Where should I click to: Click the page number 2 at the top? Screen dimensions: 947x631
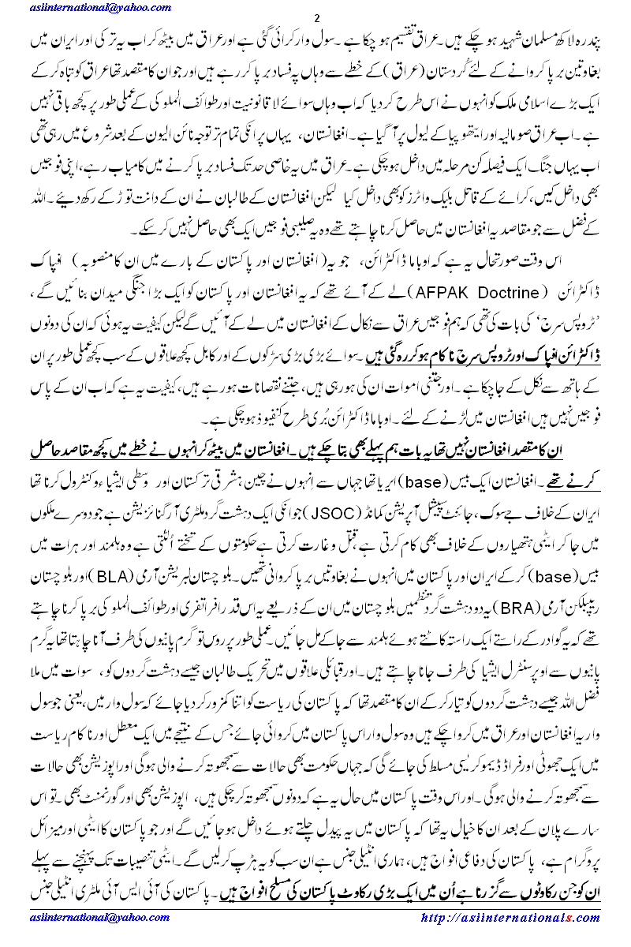point(316,18)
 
